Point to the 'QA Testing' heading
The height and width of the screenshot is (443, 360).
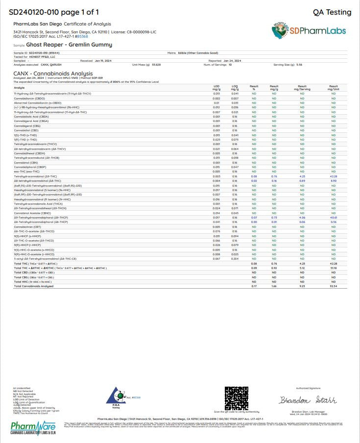pyautogui.click(x=332, y=12)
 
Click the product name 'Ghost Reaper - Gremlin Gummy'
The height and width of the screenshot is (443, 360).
pyautogui.click(x=72, y=45)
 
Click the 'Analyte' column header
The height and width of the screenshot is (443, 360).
pyautogui.click(x=19, y=88)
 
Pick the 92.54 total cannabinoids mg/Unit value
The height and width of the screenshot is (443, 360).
pyautogui.click(x=334, y=286)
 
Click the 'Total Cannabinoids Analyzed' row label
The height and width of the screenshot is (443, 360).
pyautogui.click(x=34, y=286)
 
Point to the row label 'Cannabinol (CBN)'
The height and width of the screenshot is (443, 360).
pyautogui.click(x=27, y=162)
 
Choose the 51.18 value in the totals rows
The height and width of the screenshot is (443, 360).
pyautogui.click(x=334, y=268)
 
